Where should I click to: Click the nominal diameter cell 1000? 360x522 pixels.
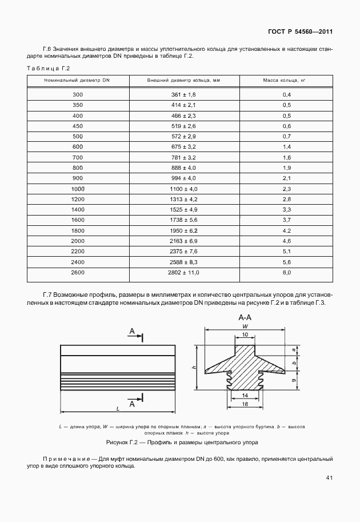(x=78, y=189)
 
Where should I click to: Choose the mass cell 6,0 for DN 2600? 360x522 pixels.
(x=287, y=273)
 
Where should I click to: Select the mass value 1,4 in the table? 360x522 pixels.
(x=287, y=146)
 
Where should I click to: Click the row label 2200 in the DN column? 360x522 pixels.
(x=78, y=252)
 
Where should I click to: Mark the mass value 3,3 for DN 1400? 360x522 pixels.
(x=287, y=210)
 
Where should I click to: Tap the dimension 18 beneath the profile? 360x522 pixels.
(x=245, y=404)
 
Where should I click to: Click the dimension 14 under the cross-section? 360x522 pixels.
(x=245, y=395)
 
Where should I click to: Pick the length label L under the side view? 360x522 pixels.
(x=117, y=408)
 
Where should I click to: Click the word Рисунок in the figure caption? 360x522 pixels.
(x=119, y=443)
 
